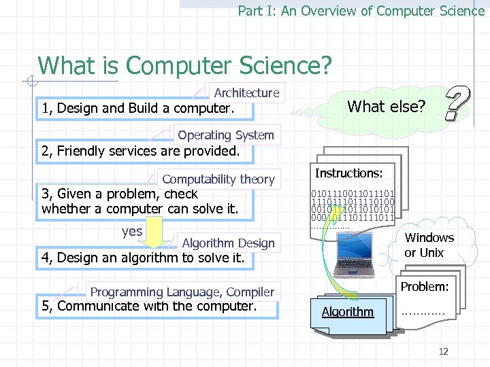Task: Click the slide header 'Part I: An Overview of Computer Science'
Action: tap(361, 11)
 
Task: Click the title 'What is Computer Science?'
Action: tap(185, 65)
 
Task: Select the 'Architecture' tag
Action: tap(246, 92)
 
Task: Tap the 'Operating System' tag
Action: tap(225, 135)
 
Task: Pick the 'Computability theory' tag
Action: tap(218, 179)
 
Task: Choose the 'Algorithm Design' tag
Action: tap(229, 243)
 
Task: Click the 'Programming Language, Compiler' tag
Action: tap(182, 292)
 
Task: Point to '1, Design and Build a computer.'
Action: tap(137, 108)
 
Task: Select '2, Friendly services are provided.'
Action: tap(140, 151)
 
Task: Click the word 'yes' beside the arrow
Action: tap(131, 231)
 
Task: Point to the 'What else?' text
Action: tap(386, 107)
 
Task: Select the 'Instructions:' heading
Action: tap(348, 173)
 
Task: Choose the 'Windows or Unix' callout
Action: tap(429, 245)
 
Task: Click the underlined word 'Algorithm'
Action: tap(348, 312)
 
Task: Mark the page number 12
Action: tap(444, 351)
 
